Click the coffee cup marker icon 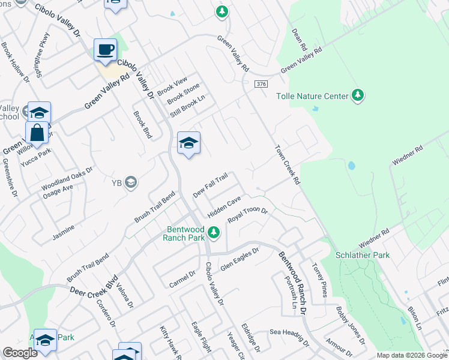point(106,50)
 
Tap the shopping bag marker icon point(37,133)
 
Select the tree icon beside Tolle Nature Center point(358,95)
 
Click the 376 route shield point(260,84)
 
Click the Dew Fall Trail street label point(210,185)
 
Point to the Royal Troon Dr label point(247,216)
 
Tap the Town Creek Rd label point(287,164)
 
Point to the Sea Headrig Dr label point(289,338)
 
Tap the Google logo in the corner point(20,353)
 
